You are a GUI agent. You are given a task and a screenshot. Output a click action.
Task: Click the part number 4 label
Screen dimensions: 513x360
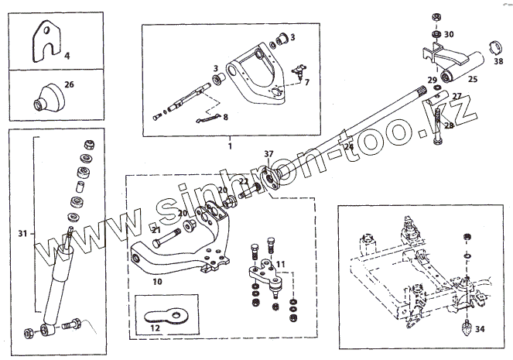(x=67, y=57)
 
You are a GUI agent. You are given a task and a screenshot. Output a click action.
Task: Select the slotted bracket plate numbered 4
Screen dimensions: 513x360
(x=47, y=42)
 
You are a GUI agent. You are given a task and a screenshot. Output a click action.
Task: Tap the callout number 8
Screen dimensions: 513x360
(x=225, y=118)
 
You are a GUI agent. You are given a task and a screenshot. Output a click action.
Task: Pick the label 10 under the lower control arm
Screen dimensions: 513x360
(x=158, y=282)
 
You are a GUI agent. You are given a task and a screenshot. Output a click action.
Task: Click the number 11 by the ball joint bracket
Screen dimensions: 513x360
(x=280, y=264)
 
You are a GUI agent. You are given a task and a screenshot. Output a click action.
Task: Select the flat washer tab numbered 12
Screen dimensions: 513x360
(x=155, y=327)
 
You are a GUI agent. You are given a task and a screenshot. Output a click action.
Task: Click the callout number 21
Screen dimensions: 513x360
(x=155, y=230)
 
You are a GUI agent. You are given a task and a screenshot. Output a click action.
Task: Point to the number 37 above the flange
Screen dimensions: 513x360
(x=268, y=153)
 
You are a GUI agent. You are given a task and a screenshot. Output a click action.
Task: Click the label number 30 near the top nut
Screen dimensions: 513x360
(x=449, y=35)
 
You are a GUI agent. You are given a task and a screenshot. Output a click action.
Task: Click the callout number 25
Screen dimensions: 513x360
(x=474, y=79)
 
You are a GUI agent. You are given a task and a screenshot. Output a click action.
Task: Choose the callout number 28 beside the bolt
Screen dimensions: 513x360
(x=450, y=125)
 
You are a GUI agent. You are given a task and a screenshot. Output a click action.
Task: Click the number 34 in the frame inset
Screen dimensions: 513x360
(x=481, y=329)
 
